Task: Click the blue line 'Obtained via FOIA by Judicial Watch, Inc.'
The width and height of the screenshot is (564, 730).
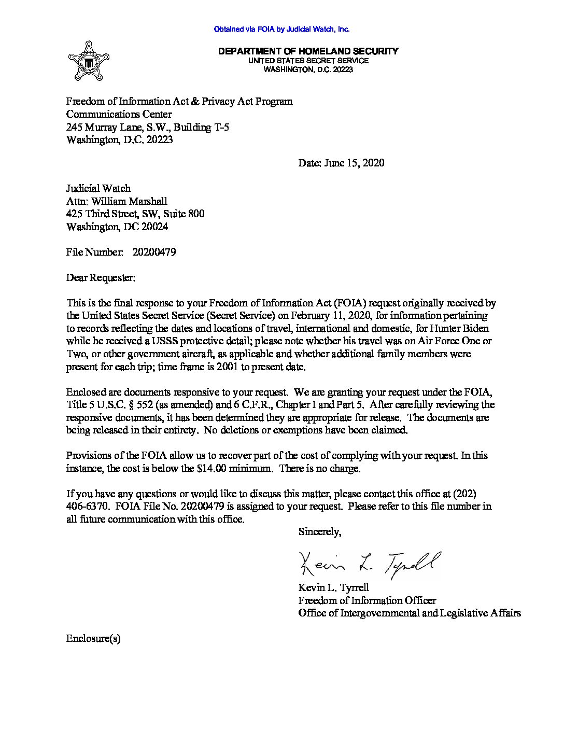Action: pos(281,30)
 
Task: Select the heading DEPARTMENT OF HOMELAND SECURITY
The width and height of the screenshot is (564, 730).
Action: pos(308,51)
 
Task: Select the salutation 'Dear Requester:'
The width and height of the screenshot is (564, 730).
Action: pos(101,278)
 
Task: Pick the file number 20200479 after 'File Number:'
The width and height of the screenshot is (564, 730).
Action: pos(154,252)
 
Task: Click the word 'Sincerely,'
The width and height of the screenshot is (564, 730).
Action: pos(320,532)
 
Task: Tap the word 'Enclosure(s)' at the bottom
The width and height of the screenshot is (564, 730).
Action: pos(93,638)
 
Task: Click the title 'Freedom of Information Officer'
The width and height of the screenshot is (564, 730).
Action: pos(367,600)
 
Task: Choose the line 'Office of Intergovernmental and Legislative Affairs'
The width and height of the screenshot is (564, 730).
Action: pos(410,613)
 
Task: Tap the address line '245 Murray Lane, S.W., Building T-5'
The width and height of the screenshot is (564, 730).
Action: pos(148,127)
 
